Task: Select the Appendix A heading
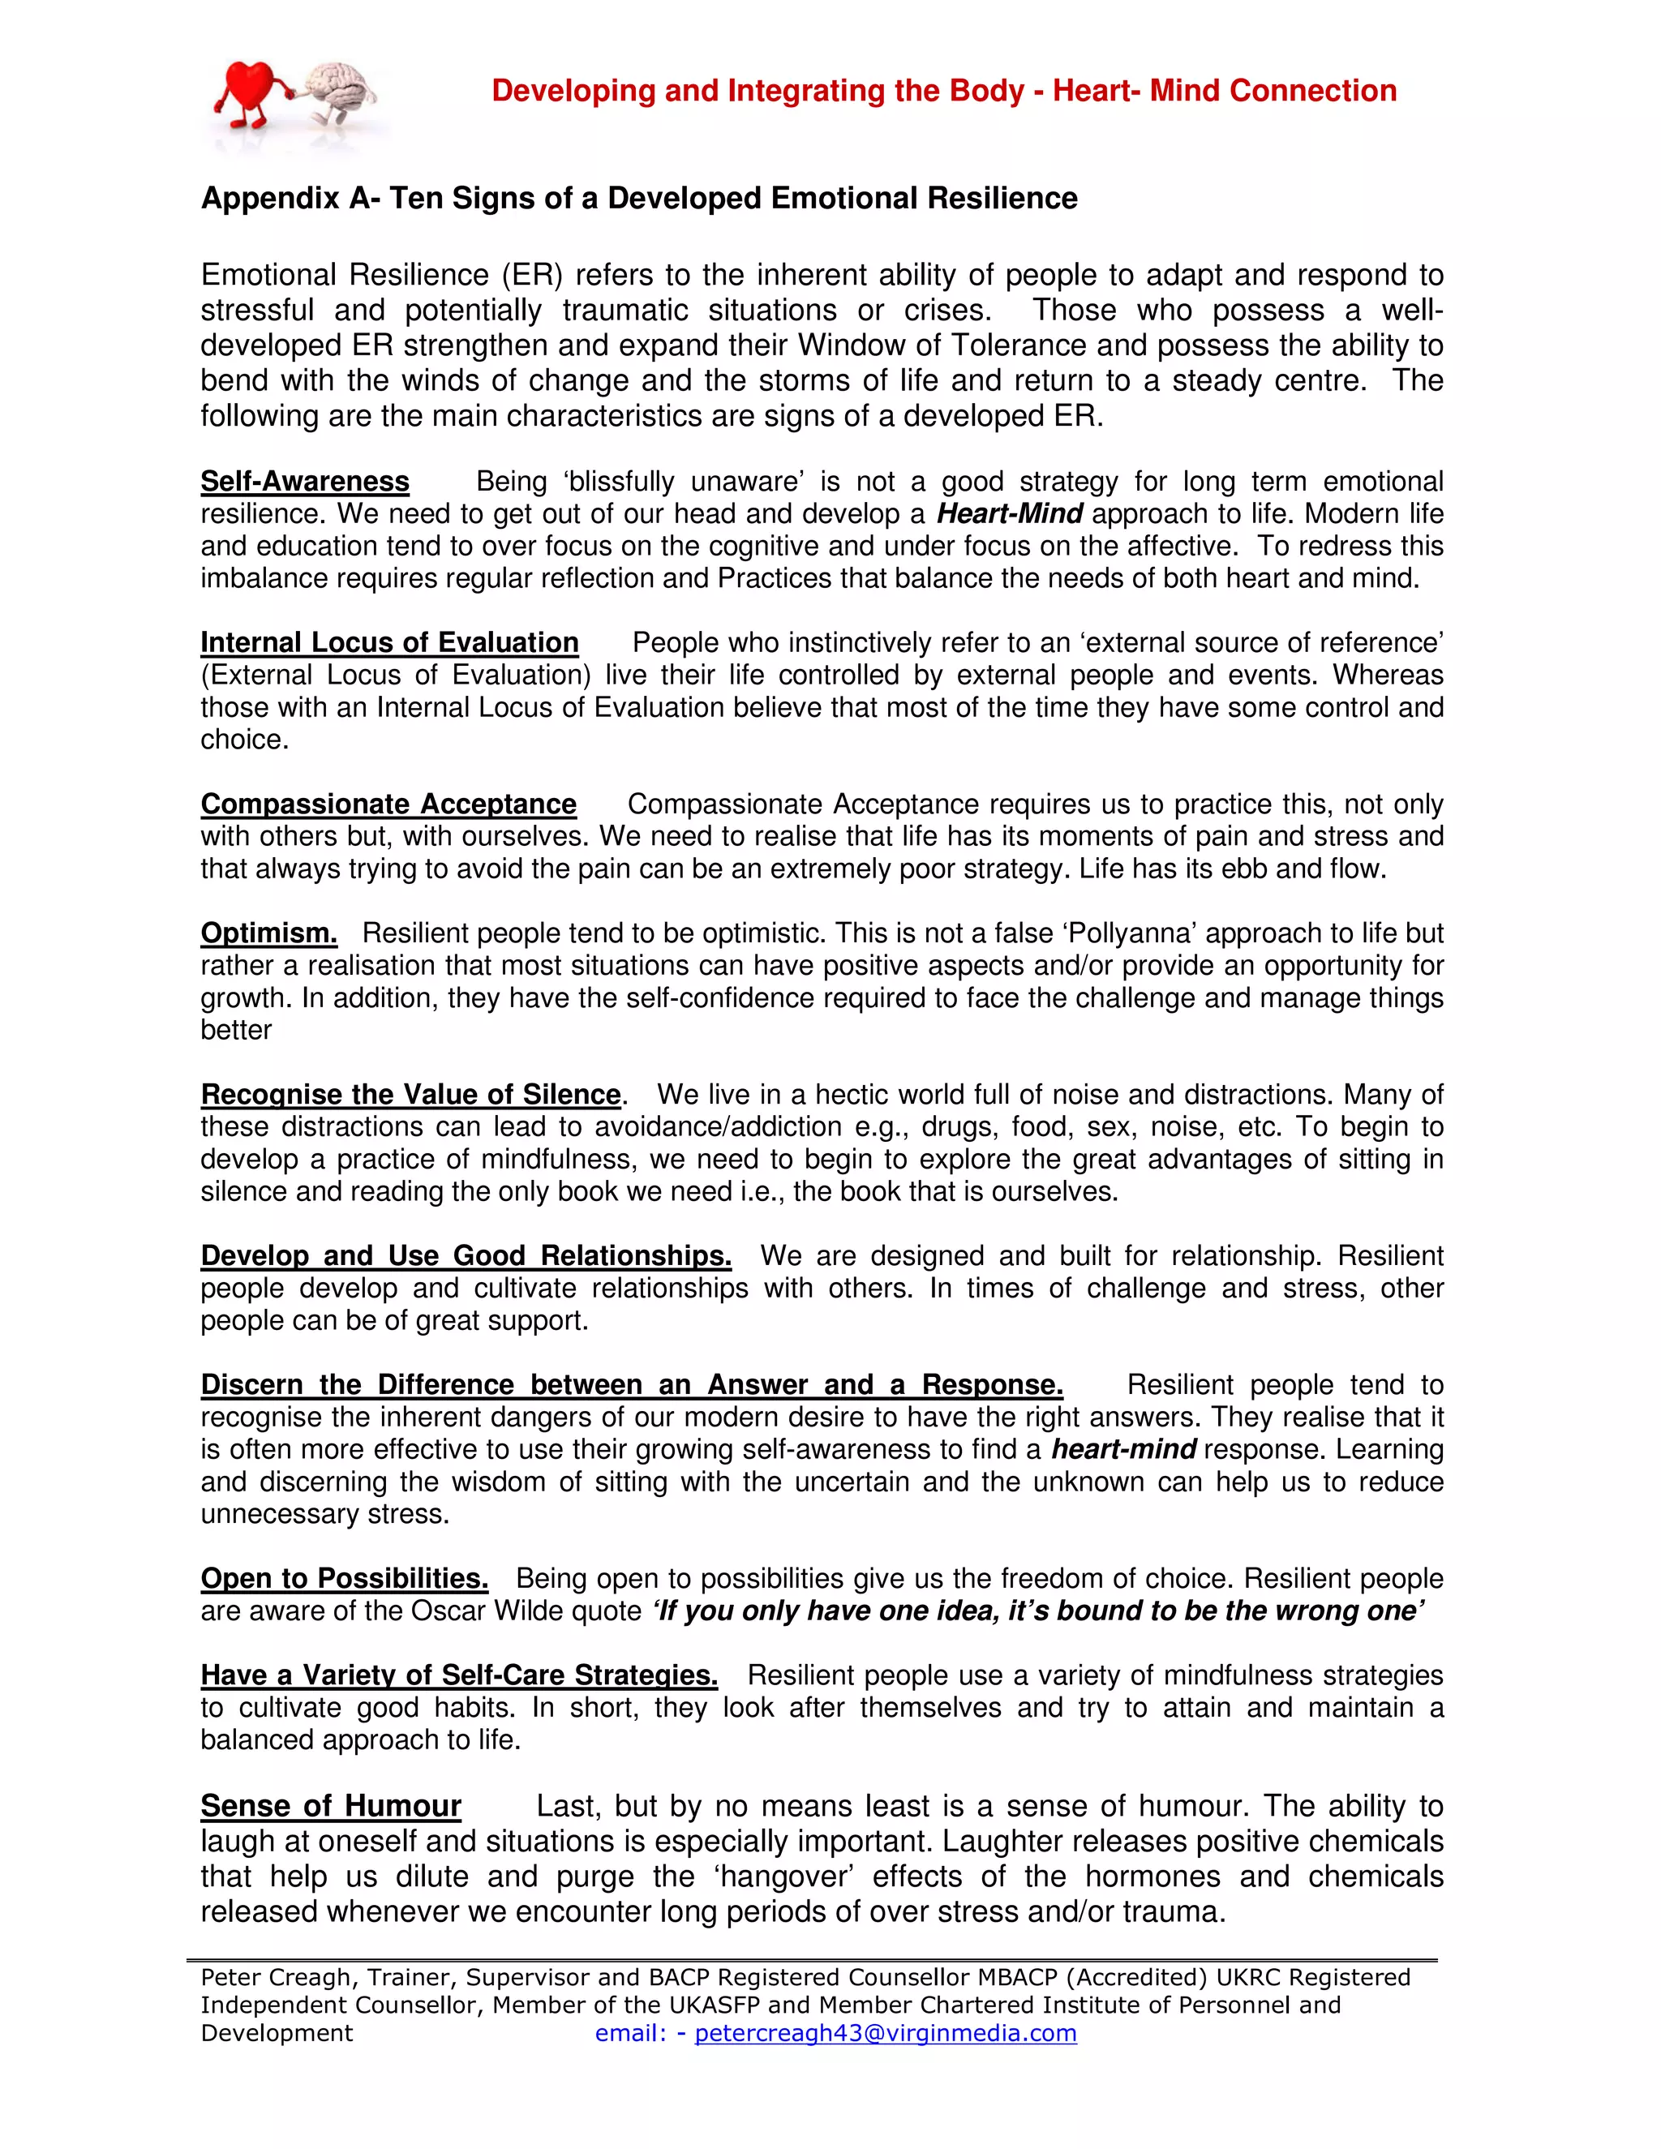click(x=638, y=198)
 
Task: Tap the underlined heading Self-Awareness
click(x=305, y=481)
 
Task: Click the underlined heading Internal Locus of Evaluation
click(x=389, y=642)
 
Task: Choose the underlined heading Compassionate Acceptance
click(x=388, y=804)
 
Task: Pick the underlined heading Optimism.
click(x=268, y=933)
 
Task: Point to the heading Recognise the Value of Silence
click(x=411, y=1094)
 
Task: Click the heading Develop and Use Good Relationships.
click(x=466, y=1255)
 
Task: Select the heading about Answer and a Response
click(x=632, y=1384)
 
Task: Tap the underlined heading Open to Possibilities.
click(x=345, y=1578)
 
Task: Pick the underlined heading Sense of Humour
click(x=331, y=1807)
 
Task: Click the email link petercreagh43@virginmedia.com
click(x=886, y=2033)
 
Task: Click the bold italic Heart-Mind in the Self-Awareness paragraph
click(x=1010, y=513)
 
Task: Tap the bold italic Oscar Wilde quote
click(x=1038, y=1611)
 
